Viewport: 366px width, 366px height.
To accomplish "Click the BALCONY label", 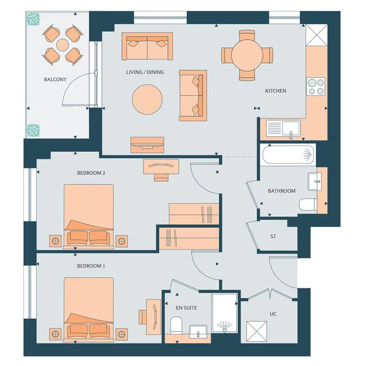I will (x=55, y=80).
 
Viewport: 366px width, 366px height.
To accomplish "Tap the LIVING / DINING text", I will (x=145, y=72).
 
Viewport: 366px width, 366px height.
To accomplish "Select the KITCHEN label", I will (x=275, y=91).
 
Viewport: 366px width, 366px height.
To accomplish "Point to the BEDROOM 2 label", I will (x=91, y=173).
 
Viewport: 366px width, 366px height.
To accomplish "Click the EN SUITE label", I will (x=186, y=308).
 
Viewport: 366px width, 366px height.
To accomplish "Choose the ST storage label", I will (x=273, y=236).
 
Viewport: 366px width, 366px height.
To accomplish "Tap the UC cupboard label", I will (x=273, y=314).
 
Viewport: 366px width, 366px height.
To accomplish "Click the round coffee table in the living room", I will (x=147, y=100).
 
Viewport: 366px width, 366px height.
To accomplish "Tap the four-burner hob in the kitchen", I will (x=316, y=86).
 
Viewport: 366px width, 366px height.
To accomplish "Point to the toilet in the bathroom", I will (x=308, y=205).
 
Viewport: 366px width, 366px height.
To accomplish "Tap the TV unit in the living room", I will (x=147, y=145).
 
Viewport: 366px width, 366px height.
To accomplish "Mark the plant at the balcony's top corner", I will (x=33, y=19).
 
